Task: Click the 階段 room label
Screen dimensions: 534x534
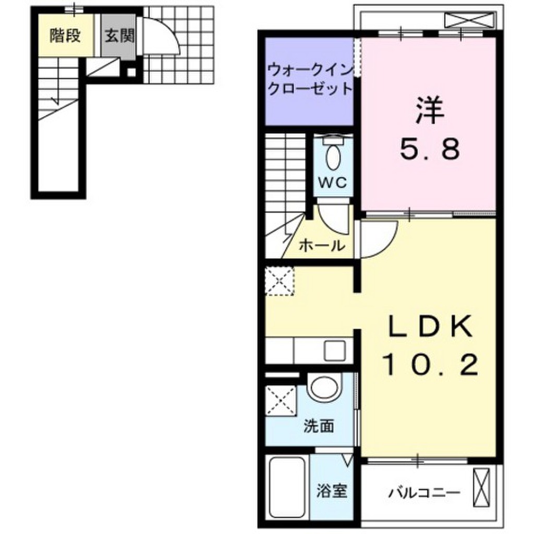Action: (65, 35)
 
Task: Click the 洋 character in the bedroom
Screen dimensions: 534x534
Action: (429, 111)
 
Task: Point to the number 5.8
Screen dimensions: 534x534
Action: (430, 149)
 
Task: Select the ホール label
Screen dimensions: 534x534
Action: (322, 245)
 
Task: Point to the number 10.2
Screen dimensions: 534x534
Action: (429, 365)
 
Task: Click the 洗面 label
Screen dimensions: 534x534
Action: (319, 427)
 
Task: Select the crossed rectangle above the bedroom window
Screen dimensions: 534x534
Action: (469, 20)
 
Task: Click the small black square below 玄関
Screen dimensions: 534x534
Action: (131, 72)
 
